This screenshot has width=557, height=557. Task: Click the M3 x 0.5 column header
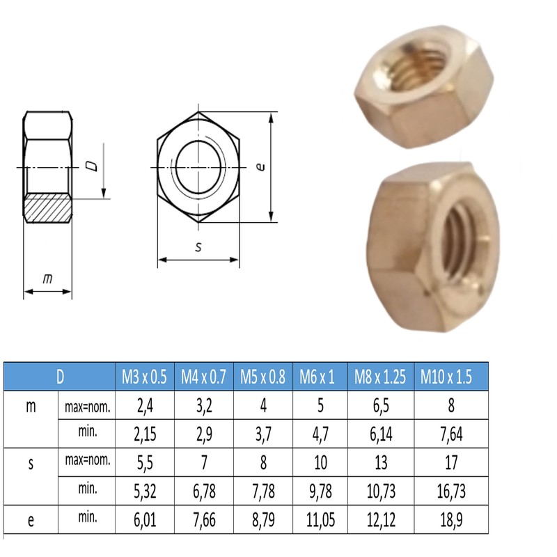click(x=144, y=377)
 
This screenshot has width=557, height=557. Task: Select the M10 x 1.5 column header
click(x=446, y=377)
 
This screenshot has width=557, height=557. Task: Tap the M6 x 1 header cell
click(x=317, y=377)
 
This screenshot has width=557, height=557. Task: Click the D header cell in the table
click(x=60, y=377)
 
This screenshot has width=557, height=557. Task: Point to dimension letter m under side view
click(x=47, y=278)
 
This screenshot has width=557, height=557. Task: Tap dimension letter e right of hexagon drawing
click(x=259, y=167)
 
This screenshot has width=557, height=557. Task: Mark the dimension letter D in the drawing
click(x=90, y=166)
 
